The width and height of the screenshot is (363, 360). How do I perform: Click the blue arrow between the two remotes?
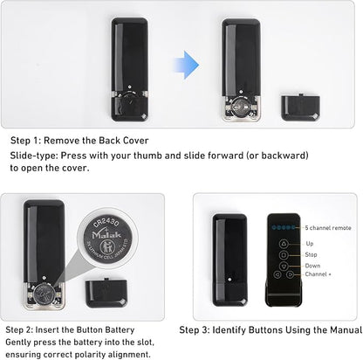click(x=187, y=65)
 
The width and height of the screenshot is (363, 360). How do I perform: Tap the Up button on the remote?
click(x=284, y=244)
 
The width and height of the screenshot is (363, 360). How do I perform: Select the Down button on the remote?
click(x=284, y=266)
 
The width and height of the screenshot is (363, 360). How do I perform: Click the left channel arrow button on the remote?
click(x=277, y=274)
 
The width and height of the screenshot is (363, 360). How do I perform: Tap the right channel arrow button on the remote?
click(x=290, y=274)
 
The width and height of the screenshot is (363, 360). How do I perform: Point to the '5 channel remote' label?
click(x=328, y=228)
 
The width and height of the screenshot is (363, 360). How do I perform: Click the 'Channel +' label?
click(x=318, y=274)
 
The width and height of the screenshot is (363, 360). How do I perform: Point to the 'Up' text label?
click(x=310, y=244)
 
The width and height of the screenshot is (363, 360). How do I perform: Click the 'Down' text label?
click(x=312, y=266)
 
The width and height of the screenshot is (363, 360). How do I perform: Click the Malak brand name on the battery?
click(x=106, y=235)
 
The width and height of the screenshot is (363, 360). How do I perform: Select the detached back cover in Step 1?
click(x=300, y=107)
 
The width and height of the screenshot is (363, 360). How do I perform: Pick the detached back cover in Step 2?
click(x=106, y=293)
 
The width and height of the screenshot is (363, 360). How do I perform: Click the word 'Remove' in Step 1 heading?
click(x=61, y=141)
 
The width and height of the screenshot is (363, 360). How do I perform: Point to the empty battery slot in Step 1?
click(x=241, y=107)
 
